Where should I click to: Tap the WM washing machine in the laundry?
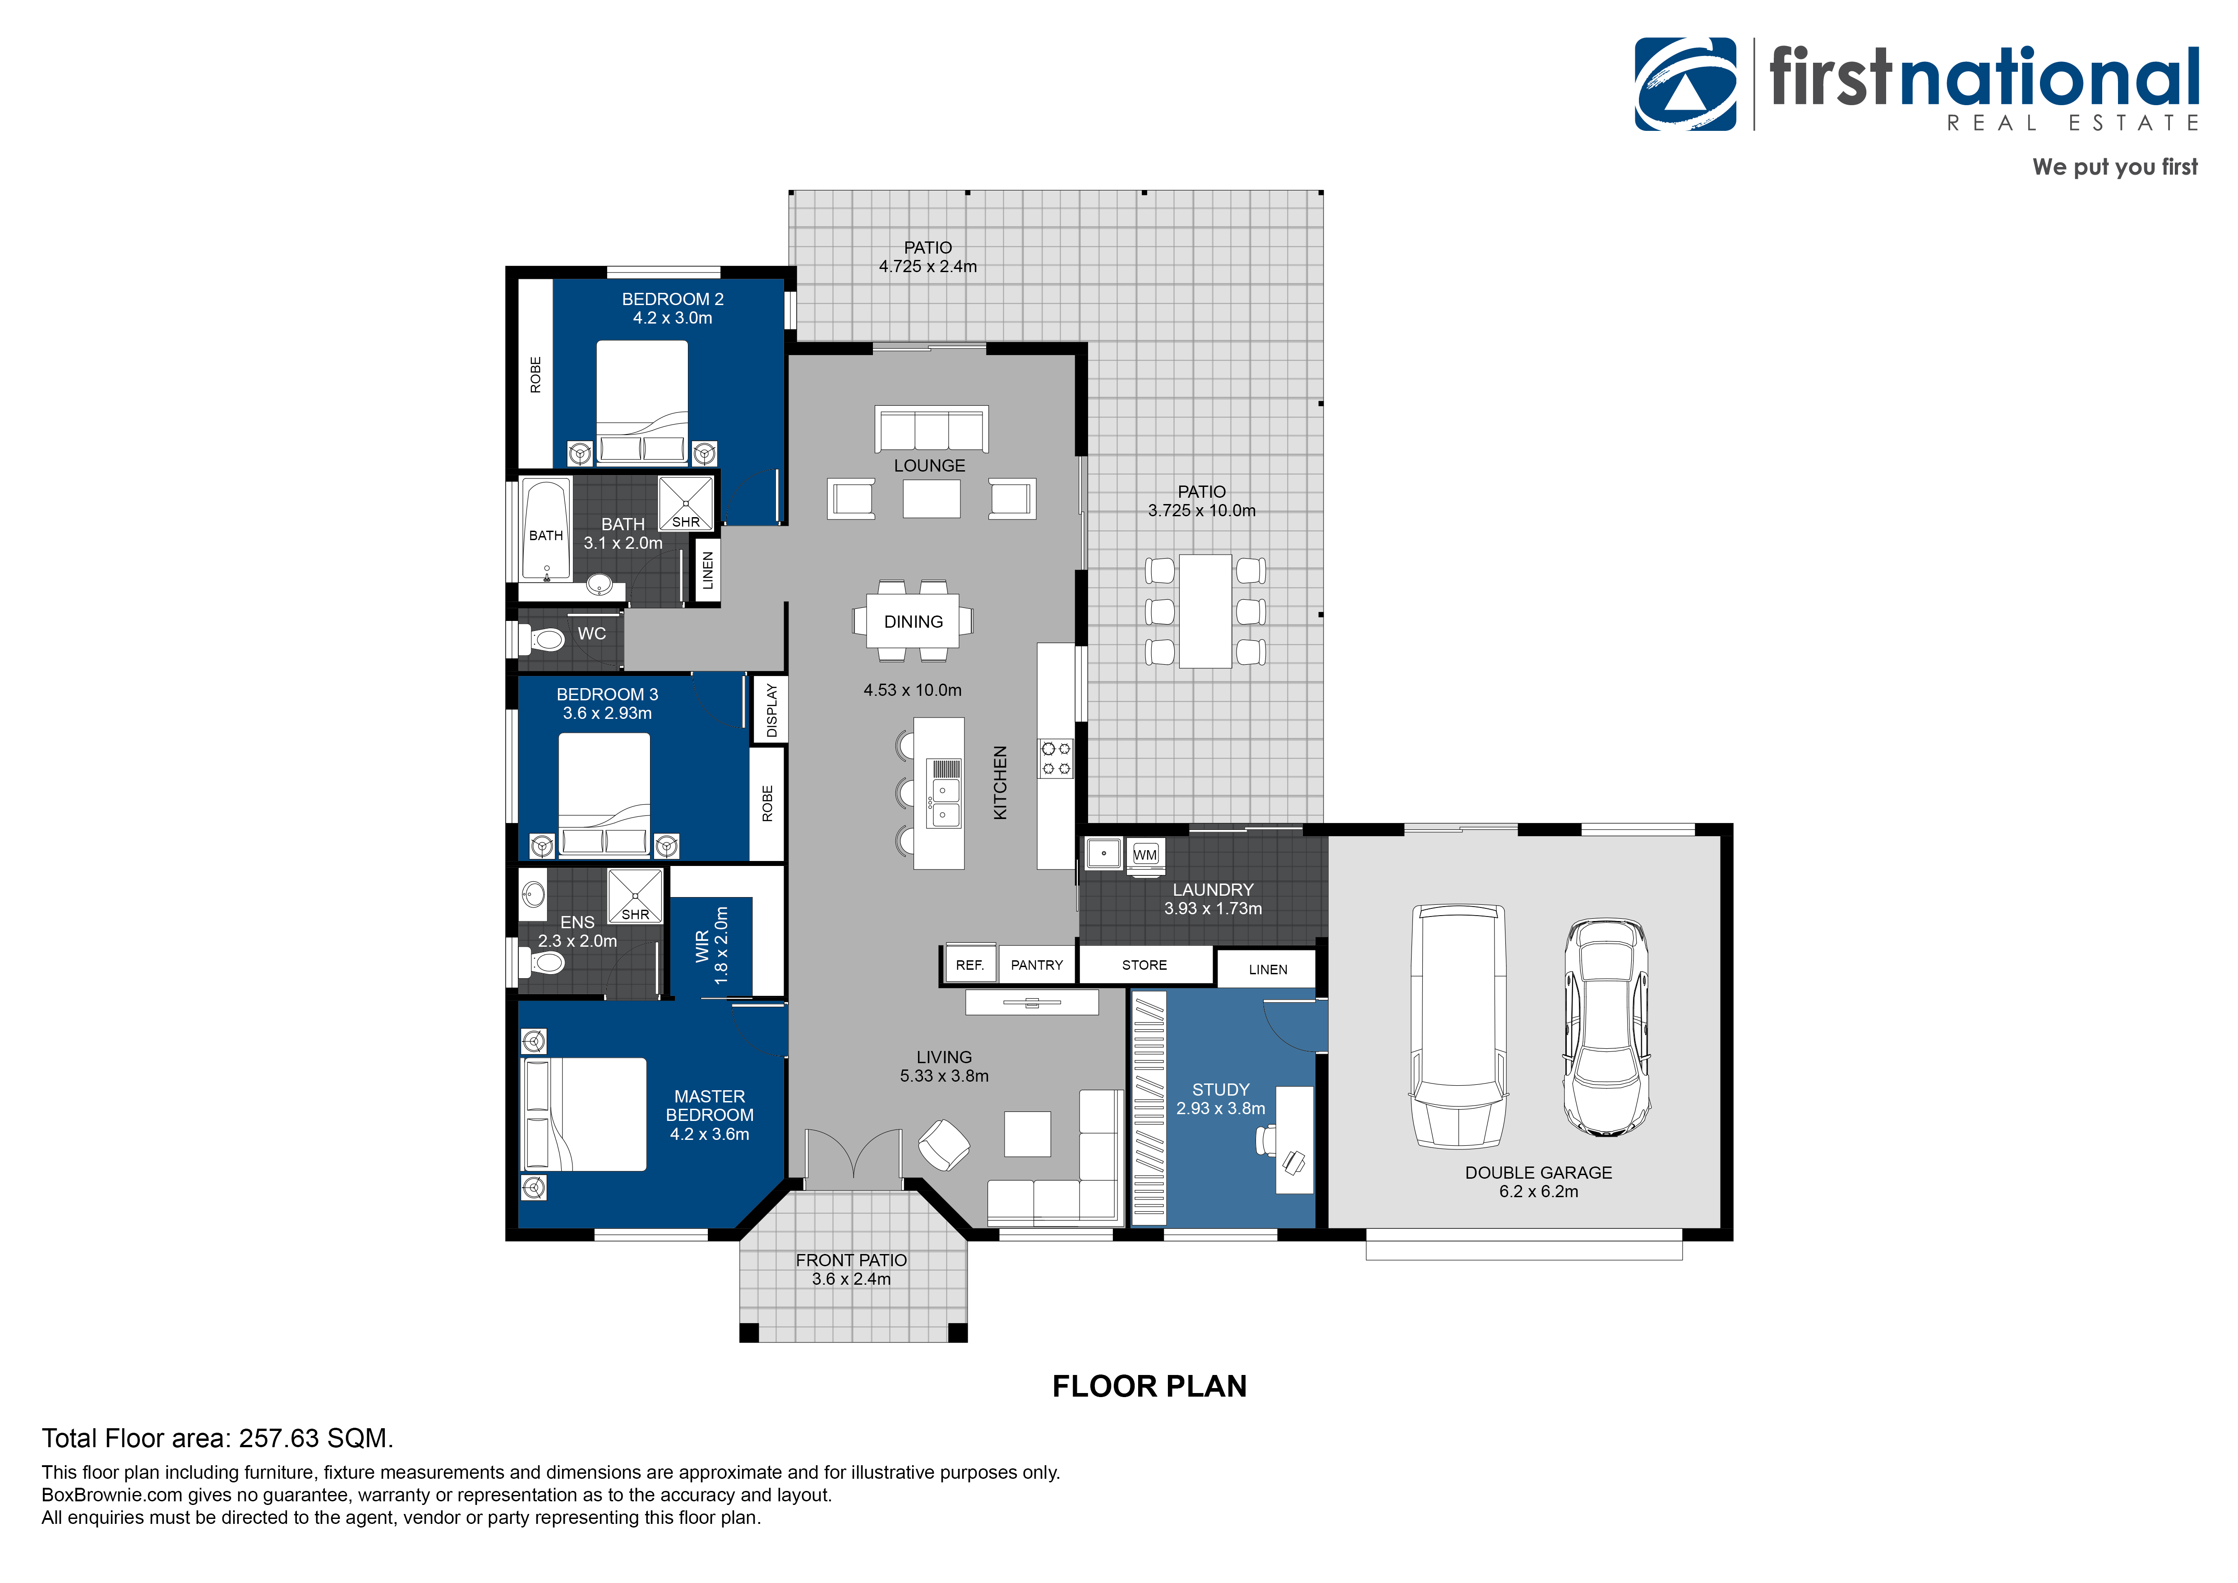(1145, 854)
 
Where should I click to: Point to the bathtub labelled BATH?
(546, 531)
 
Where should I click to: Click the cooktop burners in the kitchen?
(1056, 759)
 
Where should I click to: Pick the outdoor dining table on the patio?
(1205, 611)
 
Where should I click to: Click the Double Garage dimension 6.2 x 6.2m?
(1538, 1191)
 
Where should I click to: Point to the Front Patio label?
(851, 1260)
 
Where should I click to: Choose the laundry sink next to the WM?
(1103, 854)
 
